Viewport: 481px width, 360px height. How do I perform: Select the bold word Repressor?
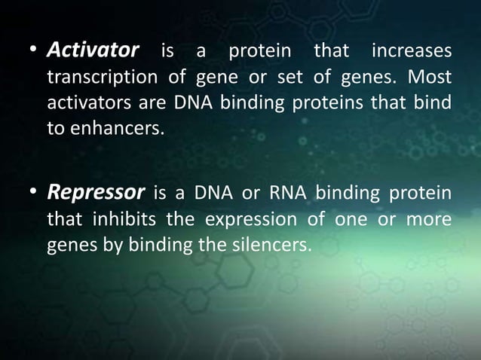96,193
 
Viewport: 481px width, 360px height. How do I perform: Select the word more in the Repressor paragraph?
433,218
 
